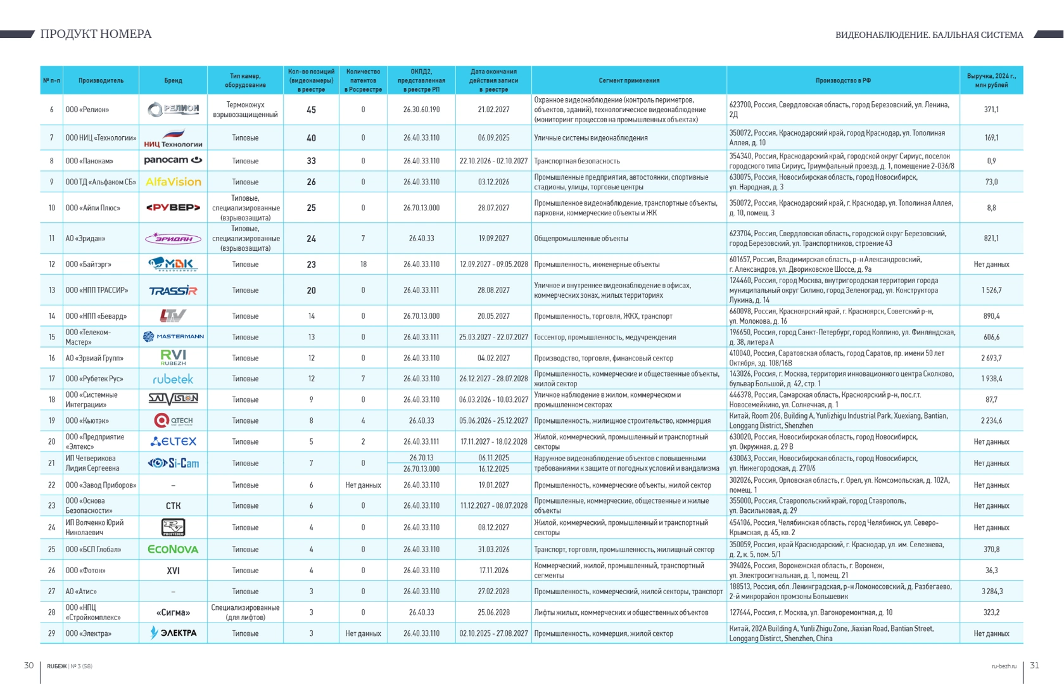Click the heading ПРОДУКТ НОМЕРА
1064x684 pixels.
coord(96,34)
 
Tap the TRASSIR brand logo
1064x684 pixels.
coord(173,291)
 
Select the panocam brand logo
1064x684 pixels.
coord(173,160)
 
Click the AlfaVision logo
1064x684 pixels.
coord(173,182)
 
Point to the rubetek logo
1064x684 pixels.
coord(173,379)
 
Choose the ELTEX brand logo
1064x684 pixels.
coord(173,441)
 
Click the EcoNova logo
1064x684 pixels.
coord(173,549)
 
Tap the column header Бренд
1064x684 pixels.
coord(173,80)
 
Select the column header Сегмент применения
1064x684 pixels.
coord(629,80)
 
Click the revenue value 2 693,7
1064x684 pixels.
coord(991,358)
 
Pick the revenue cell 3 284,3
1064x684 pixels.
coord(991,592)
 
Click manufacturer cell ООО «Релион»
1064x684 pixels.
coord(87,110)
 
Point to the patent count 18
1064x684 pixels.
coord(363,264)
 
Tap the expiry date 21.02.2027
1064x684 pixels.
coord(493,110)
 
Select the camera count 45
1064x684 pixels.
coord(311,110)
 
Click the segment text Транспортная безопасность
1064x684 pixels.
coord(577,161)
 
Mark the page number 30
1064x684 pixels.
coord(28,666)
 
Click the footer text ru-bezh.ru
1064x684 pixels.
coord(1004,666)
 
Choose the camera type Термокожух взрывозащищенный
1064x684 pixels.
coord(245,110)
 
